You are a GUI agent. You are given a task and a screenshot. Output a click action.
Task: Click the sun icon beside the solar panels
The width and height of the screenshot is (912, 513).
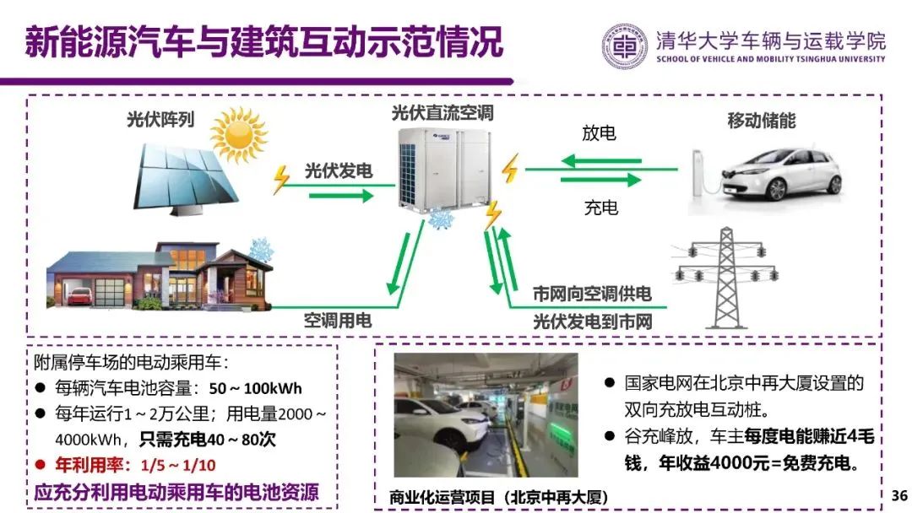click(238, 133)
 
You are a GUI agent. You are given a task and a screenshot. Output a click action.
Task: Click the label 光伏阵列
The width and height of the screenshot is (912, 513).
click(160, 120)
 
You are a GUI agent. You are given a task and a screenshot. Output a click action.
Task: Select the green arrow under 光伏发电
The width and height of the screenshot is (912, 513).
click(341, 195)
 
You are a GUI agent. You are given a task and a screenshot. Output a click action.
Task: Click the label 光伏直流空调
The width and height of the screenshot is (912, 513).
click(442, 113)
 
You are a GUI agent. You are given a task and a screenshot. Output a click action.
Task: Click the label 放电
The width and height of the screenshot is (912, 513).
click(599, 133)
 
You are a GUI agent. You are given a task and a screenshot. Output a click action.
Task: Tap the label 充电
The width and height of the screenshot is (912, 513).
click(600, 207)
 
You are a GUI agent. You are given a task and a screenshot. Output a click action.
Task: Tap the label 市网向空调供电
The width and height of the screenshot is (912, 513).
click(592, 294)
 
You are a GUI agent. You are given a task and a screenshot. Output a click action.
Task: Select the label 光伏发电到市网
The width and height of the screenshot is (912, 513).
click(592, 321)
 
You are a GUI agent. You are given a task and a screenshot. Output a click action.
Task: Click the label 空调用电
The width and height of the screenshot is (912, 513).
click(338, 321)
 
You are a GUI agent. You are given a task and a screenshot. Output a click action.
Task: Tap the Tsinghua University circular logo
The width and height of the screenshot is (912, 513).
click(626, 46)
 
